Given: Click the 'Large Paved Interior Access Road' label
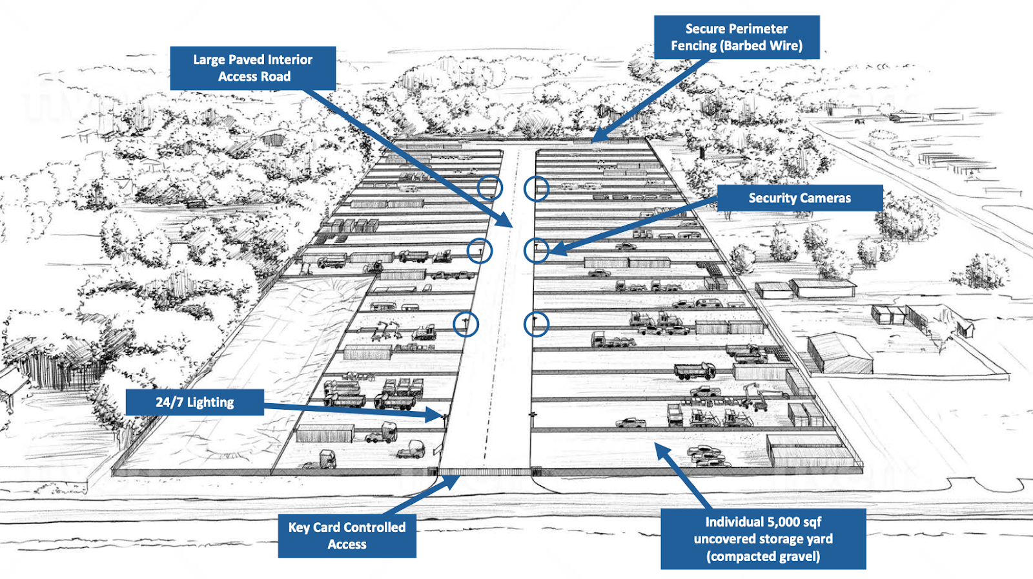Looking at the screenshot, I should coord(252,68).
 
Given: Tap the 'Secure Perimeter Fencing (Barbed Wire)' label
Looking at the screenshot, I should coord(737,37).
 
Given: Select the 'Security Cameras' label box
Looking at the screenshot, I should coord(799,198).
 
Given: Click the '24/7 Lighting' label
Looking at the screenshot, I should coord(194,402).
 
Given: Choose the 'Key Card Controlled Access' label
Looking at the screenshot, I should coord(347,536).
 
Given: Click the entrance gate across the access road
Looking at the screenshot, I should coord(485,472).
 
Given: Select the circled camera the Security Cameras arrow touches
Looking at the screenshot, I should coord(536,249).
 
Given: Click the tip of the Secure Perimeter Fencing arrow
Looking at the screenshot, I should coord(593,140).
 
